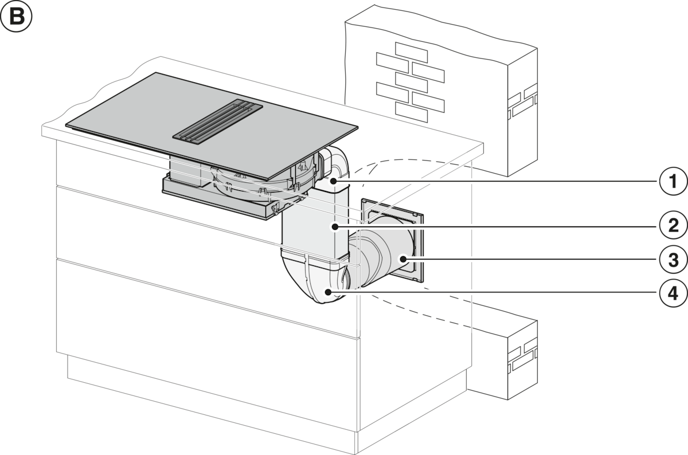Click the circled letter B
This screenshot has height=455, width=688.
[x=16, y=17]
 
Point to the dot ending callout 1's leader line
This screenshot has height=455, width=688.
[x=334, y=182]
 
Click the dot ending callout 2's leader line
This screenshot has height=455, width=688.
[x=335, y=226]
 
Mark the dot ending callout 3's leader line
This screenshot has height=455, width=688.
[x=403, y=259]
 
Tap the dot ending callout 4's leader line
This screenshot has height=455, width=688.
[x=328, y=292]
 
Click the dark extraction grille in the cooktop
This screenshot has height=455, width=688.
[x=218, y=122]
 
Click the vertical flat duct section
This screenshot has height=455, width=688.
[x=315, y=222]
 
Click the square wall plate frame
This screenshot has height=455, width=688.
[x=393, y=241]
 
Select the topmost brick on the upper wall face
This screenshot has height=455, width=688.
[x=411, y=53]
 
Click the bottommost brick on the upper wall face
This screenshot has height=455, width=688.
[x=411, y=112]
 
